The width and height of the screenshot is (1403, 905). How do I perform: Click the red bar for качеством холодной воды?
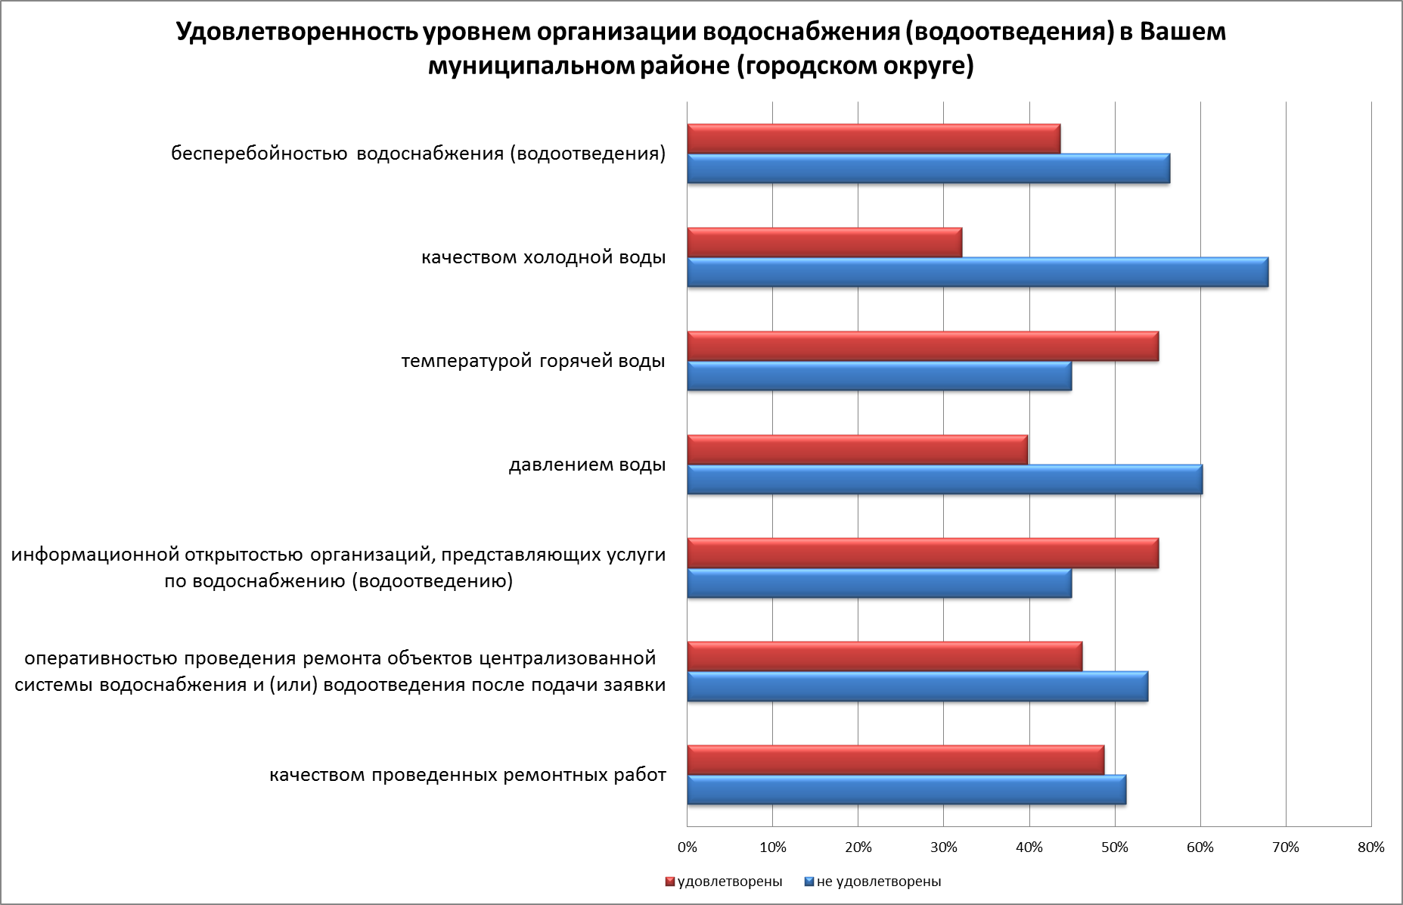[x=824, y=242]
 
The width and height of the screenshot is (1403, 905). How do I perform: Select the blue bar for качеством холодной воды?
[x=977, y=272]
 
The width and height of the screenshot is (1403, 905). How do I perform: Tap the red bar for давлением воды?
[x=857, y=449]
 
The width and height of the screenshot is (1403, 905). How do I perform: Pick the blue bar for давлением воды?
[x=945, y=480]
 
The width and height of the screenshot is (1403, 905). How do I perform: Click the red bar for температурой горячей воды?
[x=923, y=346]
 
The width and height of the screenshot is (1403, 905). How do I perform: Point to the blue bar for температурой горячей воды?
[x=879, y=376]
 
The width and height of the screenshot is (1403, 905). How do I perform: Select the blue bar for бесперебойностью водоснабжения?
[x=928, y=169]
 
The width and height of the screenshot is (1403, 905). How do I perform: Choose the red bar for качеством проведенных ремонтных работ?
[x=895, y=760]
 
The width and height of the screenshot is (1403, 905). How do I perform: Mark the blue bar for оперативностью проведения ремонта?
[x=917, y=686]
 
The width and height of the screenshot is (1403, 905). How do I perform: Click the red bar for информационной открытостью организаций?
[x=923, y=553]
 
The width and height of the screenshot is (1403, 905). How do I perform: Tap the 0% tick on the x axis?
[x=687, y=847]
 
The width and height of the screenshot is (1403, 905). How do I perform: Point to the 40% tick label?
[x=1029, y=847]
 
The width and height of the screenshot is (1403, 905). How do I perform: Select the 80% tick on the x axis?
[x=1370, y=847]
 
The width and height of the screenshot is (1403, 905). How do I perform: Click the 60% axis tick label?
[x=1200, y=847]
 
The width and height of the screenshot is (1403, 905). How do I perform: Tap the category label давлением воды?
[x=587, y=465]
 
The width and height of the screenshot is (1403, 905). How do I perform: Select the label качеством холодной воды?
[x=543, y=258]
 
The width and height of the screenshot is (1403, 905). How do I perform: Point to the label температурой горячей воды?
[x=533, y=361]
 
